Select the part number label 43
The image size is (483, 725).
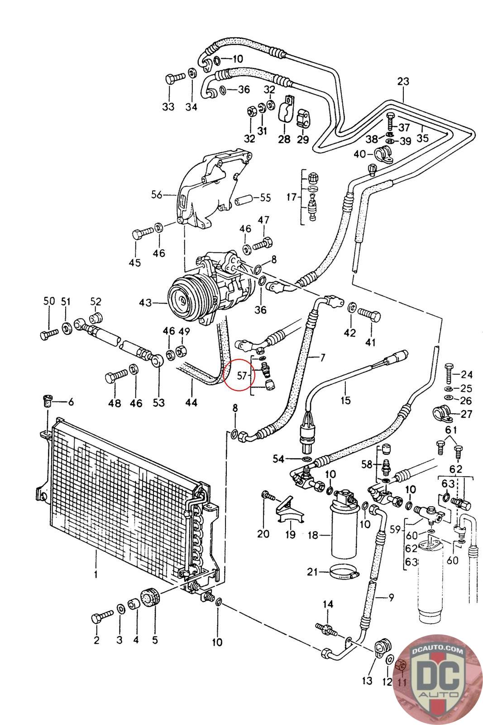[145, 303]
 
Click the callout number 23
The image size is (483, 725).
[403, 81]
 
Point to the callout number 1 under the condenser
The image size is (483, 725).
[96, 575]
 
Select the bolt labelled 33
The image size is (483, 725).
[175, 78]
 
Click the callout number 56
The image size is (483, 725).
[157, 195]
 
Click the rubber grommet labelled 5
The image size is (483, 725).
[151, 596]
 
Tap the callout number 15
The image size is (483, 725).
[345, 401]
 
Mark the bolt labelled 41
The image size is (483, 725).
[369, 315]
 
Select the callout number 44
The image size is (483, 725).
[191, 402]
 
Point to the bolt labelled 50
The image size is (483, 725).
[49, 333]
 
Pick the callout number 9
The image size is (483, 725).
[391, 597]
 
